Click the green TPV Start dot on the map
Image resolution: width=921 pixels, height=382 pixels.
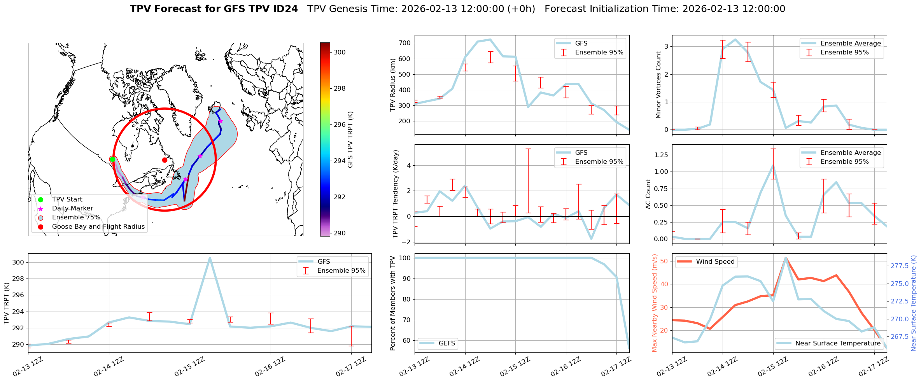(x=112, y=159)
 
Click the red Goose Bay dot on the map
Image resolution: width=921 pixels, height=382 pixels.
(x=165, y=160)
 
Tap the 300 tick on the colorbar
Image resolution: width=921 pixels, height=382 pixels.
(x=340, y=52)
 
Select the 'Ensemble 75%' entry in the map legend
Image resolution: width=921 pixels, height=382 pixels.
(x=76, y=217)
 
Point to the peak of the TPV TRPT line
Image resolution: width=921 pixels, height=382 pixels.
(x=210, y=258)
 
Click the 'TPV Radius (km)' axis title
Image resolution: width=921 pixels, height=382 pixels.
(x=393, y=85)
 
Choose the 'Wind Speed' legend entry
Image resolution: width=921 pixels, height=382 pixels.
(x=715, y=262)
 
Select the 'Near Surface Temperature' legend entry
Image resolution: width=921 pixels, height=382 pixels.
(x=837, y=343)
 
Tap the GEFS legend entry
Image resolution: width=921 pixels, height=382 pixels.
(x=446, y=343)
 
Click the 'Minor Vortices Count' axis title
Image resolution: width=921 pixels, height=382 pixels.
(x=658, y=85)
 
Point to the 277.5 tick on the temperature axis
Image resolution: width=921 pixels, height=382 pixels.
(x=899, y=266)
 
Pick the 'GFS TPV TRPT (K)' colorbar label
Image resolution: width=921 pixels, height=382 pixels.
(x=350, y=139)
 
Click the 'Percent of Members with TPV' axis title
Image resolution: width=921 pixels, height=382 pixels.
(x=393, y=303)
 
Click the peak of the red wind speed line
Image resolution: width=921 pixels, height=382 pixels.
(x=786, y=258)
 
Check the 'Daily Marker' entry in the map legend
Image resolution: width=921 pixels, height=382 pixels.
(x=72, y=209)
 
